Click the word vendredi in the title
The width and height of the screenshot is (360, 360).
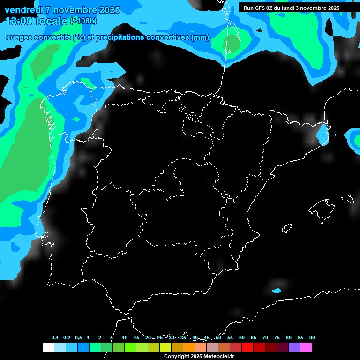coord(23,10)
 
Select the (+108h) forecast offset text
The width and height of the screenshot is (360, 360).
coord(83,21)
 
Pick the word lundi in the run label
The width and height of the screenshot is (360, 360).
coord(292,8)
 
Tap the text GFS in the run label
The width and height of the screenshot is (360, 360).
coord(260,8)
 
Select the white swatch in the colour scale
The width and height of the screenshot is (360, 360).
coord(48,347)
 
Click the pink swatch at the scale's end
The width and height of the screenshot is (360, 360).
coord(306,347)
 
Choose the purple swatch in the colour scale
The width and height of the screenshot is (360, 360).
coord(294,347)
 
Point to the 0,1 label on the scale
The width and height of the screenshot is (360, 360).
coord(55,338)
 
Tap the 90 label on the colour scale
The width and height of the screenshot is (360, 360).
coord(312,338)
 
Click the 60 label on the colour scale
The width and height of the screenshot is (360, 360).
coord(242,338)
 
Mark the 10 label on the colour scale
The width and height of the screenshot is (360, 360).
coord(125,338)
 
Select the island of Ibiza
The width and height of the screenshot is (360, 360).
coord(287,228)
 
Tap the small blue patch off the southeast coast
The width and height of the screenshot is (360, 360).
coord(277,290)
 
